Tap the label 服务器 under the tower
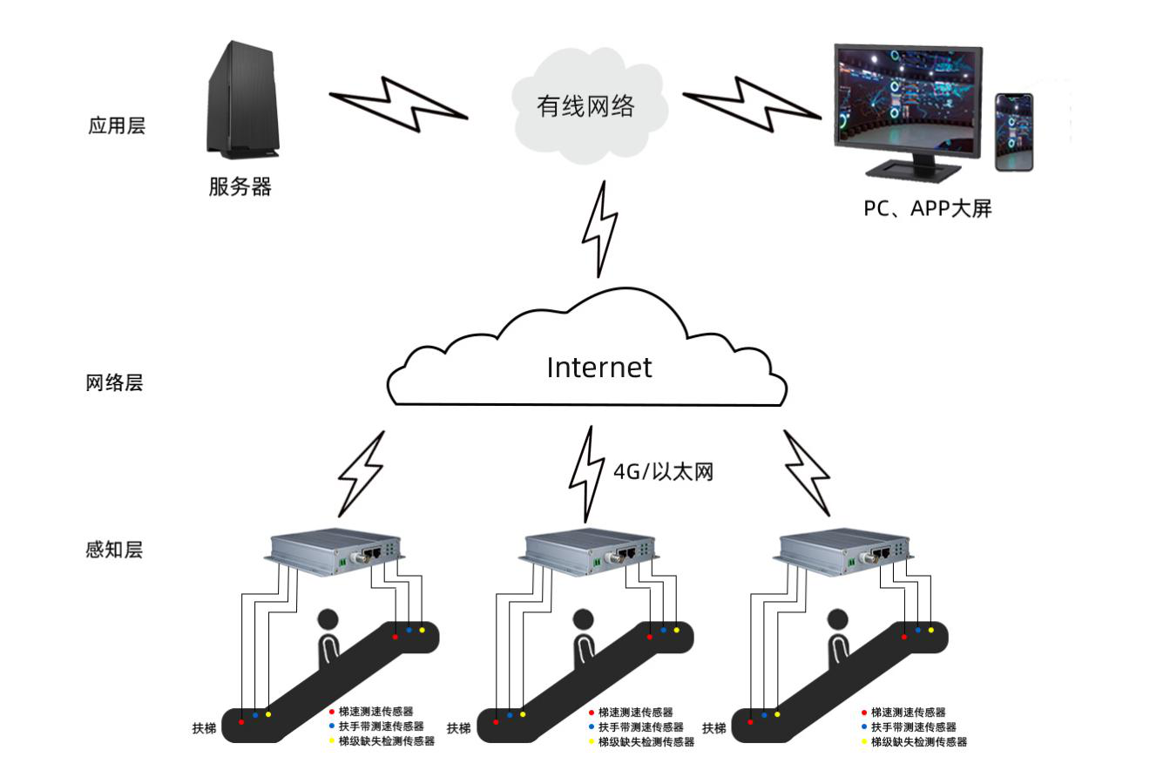click(240, 186)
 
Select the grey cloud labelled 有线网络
click(585, 106)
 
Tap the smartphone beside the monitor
click(1014, 132)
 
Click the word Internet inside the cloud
click(599, 368)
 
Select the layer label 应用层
click(116, 125)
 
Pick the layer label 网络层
click(114, 383)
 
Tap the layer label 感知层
click(114, 550)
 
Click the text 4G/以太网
click(664, 472)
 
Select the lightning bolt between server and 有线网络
click(398, 104)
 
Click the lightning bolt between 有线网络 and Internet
click(600, 229)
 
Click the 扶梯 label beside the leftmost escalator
click(204, 728)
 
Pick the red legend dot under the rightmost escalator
click(863, 713)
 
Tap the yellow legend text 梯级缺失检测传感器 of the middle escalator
click(646, 742)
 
